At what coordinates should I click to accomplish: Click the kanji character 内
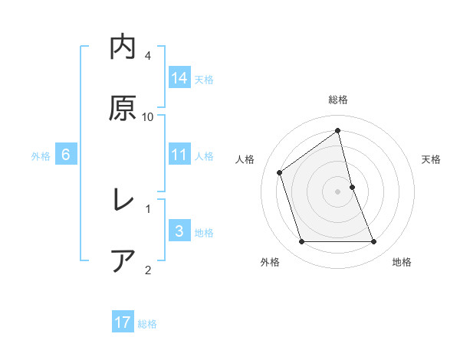click(x=123, y=47)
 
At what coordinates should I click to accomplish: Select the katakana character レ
click(x=123, y=201)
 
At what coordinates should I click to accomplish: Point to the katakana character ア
click(x=123, y=261)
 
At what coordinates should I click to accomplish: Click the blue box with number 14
click(x=179, y=77)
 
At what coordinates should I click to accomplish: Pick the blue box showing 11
click(x=179, y=155)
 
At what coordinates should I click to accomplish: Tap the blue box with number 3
click(x=179, y=231)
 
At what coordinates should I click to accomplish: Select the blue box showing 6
click(x=66, y=155)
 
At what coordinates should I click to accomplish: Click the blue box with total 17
click(x=123, y=322)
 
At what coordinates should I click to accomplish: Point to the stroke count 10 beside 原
click(x=148, y=116)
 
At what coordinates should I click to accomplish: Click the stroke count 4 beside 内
click(x=148, y=56)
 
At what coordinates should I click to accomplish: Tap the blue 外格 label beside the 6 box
click(x=41, y=155)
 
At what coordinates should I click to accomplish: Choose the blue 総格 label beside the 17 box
click(x=147, y=323)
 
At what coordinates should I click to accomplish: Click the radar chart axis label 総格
click(x=338, y=100)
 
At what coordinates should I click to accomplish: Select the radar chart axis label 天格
click(x=432, y=159)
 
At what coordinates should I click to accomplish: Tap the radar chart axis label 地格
click(x=402, y=262)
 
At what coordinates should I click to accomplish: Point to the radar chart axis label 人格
click(x=245, y=159)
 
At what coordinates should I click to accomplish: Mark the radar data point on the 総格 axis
click(x=338, y=131)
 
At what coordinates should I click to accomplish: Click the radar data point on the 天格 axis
click(x=352, y=187)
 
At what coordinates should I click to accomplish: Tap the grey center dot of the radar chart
click(x=338, y=191)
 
